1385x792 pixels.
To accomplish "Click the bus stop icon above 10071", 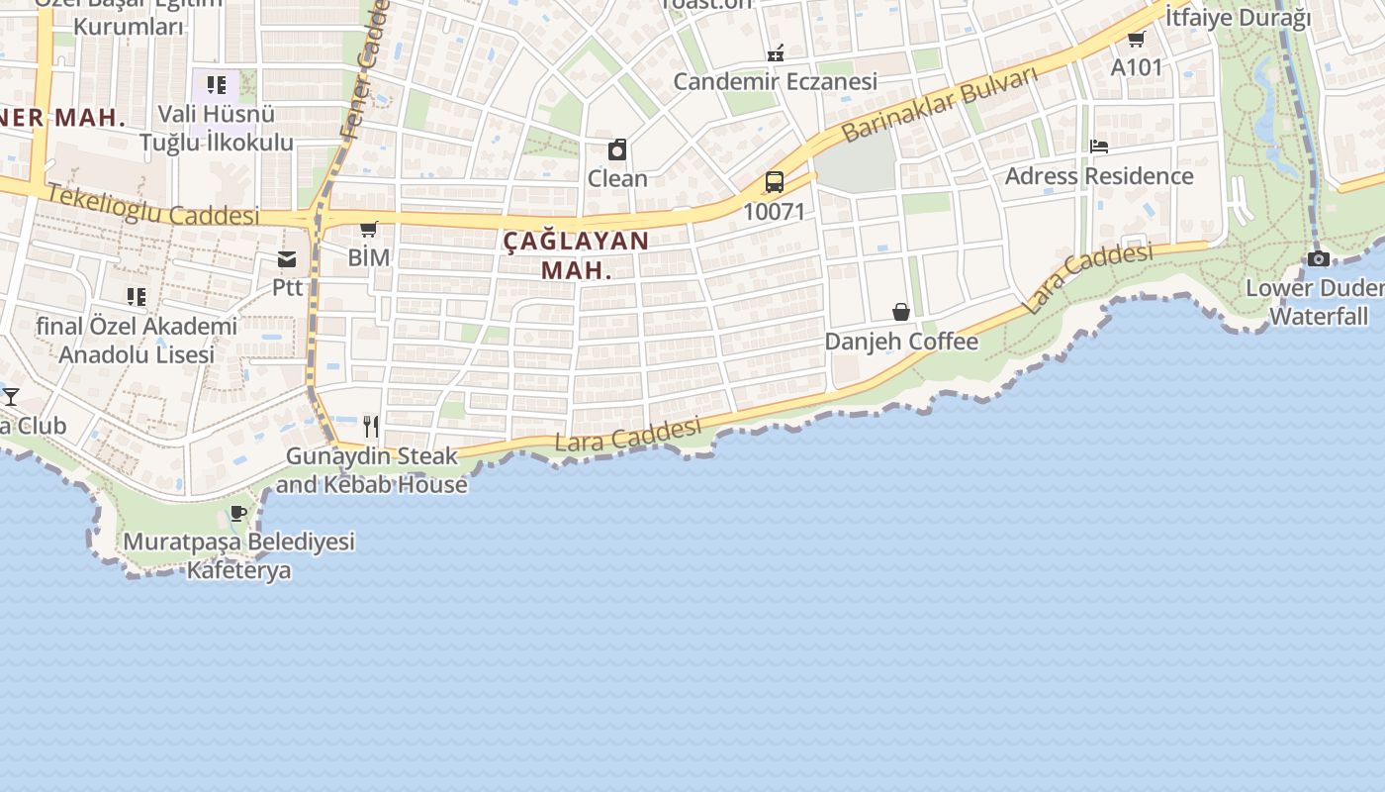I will (x=774, y=182).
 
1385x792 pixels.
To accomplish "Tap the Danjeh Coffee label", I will (x=901, y=342).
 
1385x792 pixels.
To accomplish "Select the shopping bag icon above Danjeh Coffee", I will (x=901, y=312).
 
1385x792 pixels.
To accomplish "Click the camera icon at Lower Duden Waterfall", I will (x=1318, y=258).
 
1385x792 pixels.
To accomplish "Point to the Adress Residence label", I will (x=1099, y=176).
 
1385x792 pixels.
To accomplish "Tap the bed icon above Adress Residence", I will (x=1098, y=147).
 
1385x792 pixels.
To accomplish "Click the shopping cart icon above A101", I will (x=1136, y=39).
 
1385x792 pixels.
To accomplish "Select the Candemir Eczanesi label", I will (x=775, y=81).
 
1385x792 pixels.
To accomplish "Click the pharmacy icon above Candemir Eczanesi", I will (x=776, y=52).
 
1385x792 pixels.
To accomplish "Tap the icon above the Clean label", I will (x=617, y=149).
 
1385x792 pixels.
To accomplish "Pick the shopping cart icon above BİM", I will (x=369, y=230).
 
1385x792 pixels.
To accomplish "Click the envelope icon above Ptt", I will (x=287, y=259).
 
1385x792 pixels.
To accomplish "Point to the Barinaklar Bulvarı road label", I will (x=939, y=105).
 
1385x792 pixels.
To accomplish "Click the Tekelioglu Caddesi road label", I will (x=152, y=206).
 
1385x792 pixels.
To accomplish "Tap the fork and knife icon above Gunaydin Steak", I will (x=371, y=427).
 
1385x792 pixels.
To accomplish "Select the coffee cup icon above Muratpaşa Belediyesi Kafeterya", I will (x=237, y=513).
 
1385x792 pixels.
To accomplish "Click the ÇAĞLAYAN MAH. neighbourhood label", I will (x=576, y=254).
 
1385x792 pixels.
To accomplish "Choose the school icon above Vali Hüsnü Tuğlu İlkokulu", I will (x=217, y=84).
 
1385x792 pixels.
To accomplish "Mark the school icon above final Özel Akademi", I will (x=137, y=296).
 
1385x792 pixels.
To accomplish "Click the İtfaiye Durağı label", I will (x=1238, y=17).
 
